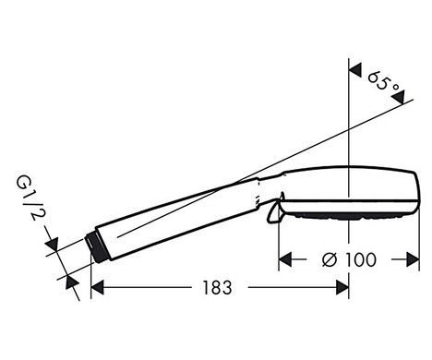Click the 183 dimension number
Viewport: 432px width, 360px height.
click(x=217, y=288)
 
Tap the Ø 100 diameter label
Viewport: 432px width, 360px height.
click(x=349, y=259)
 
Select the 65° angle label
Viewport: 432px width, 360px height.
click(x=383, y=81)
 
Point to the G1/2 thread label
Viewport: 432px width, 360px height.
click(x=29, y=199)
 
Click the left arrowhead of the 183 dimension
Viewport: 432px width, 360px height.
click(x=98, y=288)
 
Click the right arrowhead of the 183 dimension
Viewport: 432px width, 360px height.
click(x=342, y=288)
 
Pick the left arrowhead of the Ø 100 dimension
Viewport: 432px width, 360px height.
click(x=285, y=259)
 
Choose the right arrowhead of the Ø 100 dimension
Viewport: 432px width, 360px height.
click(x=413, y=259)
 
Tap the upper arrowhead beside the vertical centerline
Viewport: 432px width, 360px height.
click(x=355, y=71)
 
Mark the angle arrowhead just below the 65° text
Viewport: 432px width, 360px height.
click(x=398, y=97)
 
